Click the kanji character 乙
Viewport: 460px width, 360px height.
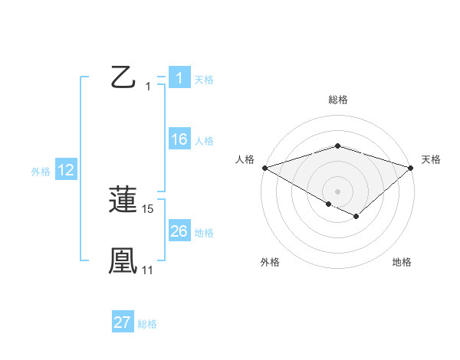123,77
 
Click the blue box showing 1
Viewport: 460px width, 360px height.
179,78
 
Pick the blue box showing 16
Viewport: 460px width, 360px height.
179,139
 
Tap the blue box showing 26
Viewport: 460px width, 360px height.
179,231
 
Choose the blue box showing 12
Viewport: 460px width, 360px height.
66,170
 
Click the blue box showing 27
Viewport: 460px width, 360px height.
123,322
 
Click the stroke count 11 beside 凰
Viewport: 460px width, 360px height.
147,270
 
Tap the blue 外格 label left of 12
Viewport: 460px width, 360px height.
41,172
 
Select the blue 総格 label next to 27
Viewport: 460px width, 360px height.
147,324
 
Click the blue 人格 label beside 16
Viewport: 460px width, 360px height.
204,141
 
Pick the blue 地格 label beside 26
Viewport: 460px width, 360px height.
204,233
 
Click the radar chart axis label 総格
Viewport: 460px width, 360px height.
337,100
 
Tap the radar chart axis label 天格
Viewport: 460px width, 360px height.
431,159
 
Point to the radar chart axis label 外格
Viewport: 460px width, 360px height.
270,262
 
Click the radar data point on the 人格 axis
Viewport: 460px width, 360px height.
264,167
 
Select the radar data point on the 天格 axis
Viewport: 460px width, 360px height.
411,167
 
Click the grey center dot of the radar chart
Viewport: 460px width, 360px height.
337,191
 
